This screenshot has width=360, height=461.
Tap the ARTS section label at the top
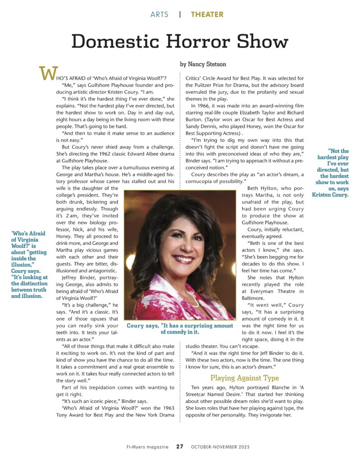[x=159, y=14]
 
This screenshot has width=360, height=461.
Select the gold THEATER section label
[x=207, y=14]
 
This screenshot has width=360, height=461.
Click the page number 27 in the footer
[x=180, y=447]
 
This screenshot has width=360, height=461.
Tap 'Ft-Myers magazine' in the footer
[x=147, y=447]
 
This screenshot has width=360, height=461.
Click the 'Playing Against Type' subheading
[x=238, y=378]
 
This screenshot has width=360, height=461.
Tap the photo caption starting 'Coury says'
[x=180, y=329]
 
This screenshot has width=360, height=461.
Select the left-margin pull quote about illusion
[x=29, y=265]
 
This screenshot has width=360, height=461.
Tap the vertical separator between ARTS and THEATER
[x=180, y=14]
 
